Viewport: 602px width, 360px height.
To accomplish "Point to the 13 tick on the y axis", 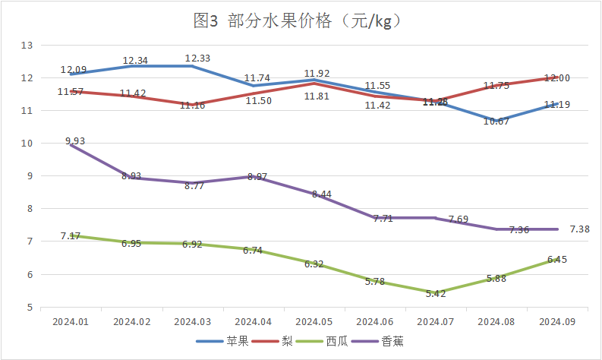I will tap(27, 46).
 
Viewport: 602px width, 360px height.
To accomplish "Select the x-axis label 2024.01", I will tap(71, 322).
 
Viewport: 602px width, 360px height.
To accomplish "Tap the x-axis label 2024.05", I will tap(314, 322).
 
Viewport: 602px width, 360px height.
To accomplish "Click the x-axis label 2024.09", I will tap(556, 322).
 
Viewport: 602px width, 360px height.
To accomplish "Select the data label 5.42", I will tap(435, 293).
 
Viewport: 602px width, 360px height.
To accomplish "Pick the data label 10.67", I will tap(496, 122).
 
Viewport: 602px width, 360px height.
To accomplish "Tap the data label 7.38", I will tap(579, 229).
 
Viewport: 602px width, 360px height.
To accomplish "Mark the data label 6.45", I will tap(556, 259).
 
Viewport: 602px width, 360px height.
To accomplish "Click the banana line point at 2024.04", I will tap(253, 176).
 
